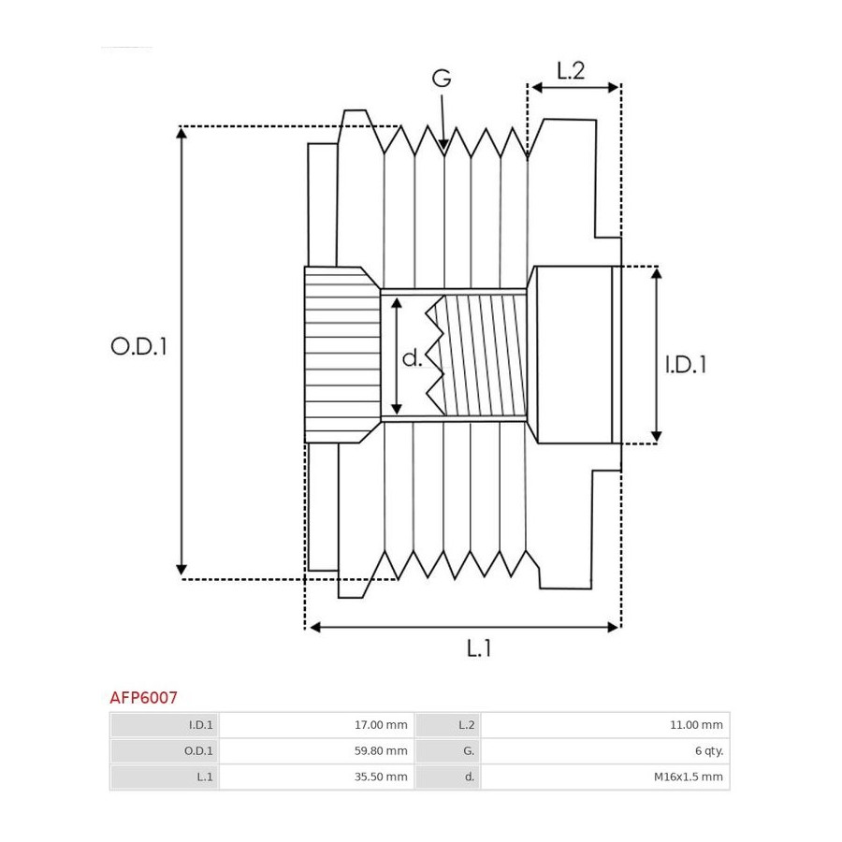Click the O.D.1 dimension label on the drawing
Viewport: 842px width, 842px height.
tap(138, 346)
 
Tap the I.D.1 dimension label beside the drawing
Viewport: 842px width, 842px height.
tap(686, 365)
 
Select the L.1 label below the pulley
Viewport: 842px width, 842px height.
tap(479, 648)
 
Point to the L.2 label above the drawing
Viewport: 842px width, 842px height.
tap(571, 71)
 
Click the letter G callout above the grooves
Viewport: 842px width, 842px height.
tap(442, 79)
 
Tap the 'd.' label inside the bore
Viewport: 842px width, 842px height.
tap(412, 357)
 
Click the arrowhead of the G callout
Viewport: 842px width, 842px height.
tap(443, 144)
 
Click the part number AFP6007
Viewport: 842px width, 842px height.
tap(143, 698)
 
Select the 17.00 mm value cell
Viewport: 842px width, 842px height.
tap(316, 725)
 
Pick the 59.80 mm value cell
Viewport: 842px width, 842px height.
tap(316, 750)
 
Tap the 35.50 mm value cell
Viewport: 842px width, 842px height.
tap(316, 777)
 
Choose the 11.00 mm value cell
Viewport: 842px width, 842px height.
tap(605, 725)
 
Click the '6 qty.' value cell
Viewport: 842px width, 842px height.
tap(605, 750)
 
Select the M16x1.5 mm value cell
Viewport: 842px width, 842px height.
tap(605, 777)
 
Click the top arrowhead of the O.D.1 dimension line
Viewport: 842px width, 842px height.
tap(181, 133)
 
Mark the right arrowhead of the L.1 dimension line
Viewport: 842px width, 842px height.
tap(613, 627)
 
